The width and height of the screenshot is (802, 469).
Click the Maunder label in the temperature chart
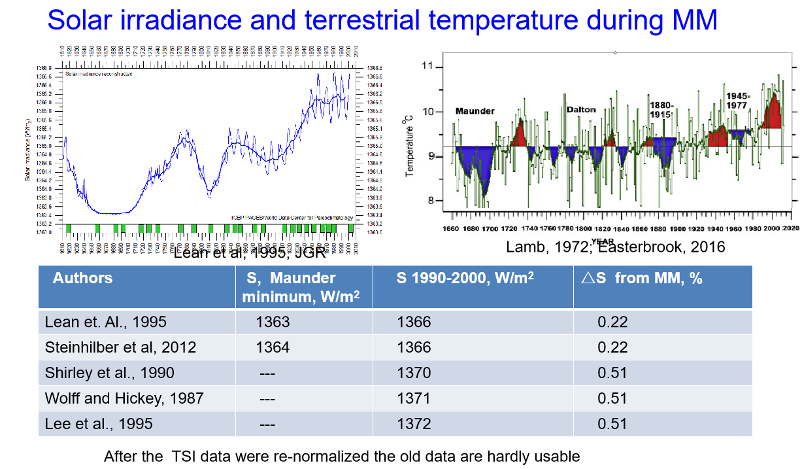475,111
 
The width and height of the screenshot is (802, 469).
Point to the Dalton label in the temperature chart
581,109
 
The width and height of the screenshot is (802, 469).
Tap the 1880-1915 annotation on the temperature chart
661,109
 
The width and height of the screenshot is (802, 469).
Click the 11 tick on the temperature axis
428,66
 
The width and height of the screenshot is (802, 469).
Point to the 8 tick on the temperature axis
431,201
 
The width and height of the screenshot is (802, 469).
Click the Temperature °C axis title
410,143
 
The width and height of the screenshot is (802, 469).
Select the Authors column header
82,278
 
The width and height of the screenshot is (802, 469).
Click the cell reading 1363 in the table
273,322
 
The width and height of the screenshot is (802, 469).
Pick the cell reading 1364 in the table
273,347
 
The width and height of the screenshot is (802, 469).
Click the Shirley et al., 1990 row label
110,373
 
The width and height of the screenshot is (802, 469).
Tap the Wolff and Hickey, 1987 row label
124,398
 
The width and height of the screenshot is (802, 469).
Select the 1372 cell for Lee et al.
414,424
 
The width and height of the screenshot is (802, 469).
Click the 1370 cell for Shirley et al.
414,373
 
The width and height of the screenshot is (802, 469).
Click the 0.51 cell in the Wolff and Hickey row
612,398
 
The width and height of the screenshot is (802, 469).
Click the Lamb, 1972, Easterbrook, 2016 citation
616,247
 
